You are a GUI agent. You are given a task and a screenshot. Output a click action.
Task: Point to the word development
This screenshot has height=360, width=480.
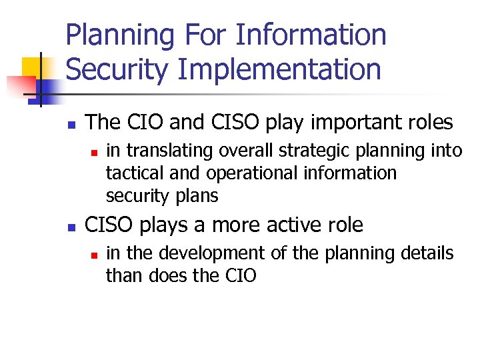coord(213,254)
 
